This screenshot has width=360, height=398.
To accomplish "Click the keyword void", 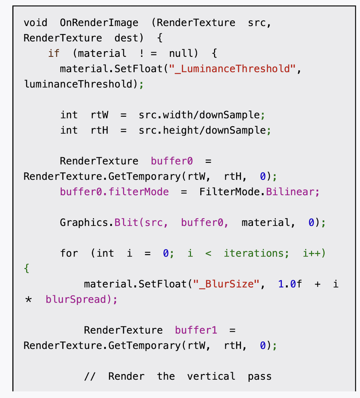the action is click(35, 23).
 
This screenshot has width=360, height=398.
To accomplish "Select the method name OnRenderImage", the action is click(99, 23).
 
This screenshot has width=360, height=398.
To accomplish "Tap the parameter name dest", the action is click(126, 38).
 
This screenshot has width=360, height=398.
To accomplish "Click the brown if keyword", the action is click(54, 53).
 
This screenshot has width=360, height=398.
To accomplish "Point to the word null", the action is click(183, 53).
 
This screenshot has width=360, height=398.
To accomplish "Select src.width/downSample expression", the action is click(200, 115).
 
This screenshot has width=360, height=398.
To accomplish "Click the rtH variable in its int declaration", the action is click(99, 130).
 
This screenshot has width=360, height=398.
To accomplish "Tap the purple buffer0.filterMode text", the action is click(114, 192).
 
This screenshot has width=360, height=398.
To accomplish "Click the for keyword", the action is click(69, 253).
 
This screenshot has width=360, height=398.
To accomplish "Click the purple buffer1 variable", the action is click(196, 330).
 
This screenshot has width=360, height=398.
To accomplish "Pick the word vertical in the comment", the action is click(211, 376).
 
